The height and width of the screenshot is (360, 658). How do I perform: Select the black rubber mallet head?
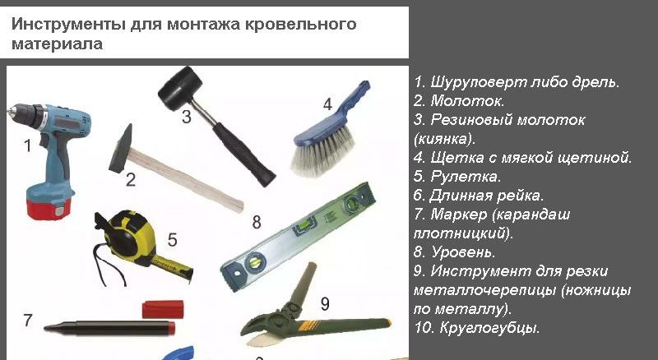(179, 85)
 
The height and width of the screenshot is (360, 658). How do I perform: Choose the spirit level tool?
(304, 238)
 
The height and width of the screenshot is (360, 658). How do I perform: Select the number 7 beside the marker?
(28, 321)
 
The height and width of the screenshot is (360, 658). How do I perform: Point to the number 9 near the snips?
(325, 304)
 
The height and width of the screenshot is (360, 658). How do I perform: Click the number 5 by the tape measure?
(172, 240)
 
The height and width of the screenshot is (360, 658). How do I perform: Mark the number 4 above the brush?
(327, 104)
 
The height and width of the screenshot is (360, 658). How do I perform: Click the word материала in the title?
(57, 44)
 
